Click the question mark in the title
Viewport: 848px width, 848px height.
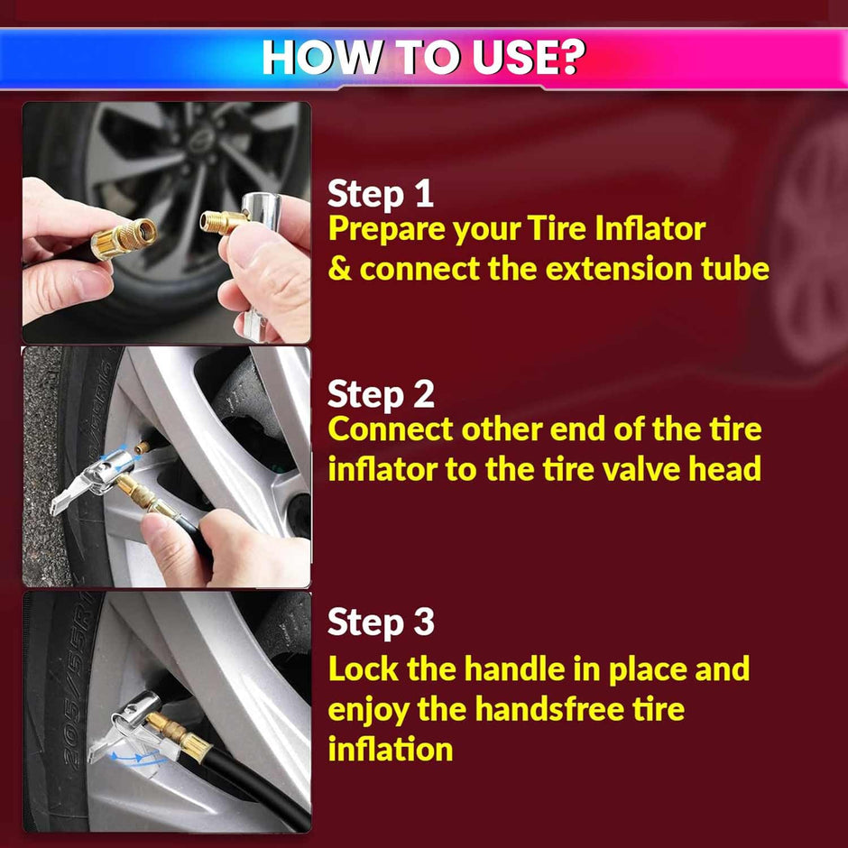570,56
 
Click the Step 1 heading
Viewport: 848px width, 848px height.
380,194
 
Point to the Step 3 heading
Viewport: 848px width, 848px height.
381,622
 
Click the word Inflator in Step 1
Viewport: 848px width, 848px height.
650,228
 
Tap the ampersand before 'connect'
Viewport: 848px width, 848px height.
340,269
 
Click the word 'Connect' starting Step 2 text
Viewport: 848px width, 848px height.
391,429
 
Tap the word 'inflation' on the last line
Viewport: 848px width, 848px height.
391,749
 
